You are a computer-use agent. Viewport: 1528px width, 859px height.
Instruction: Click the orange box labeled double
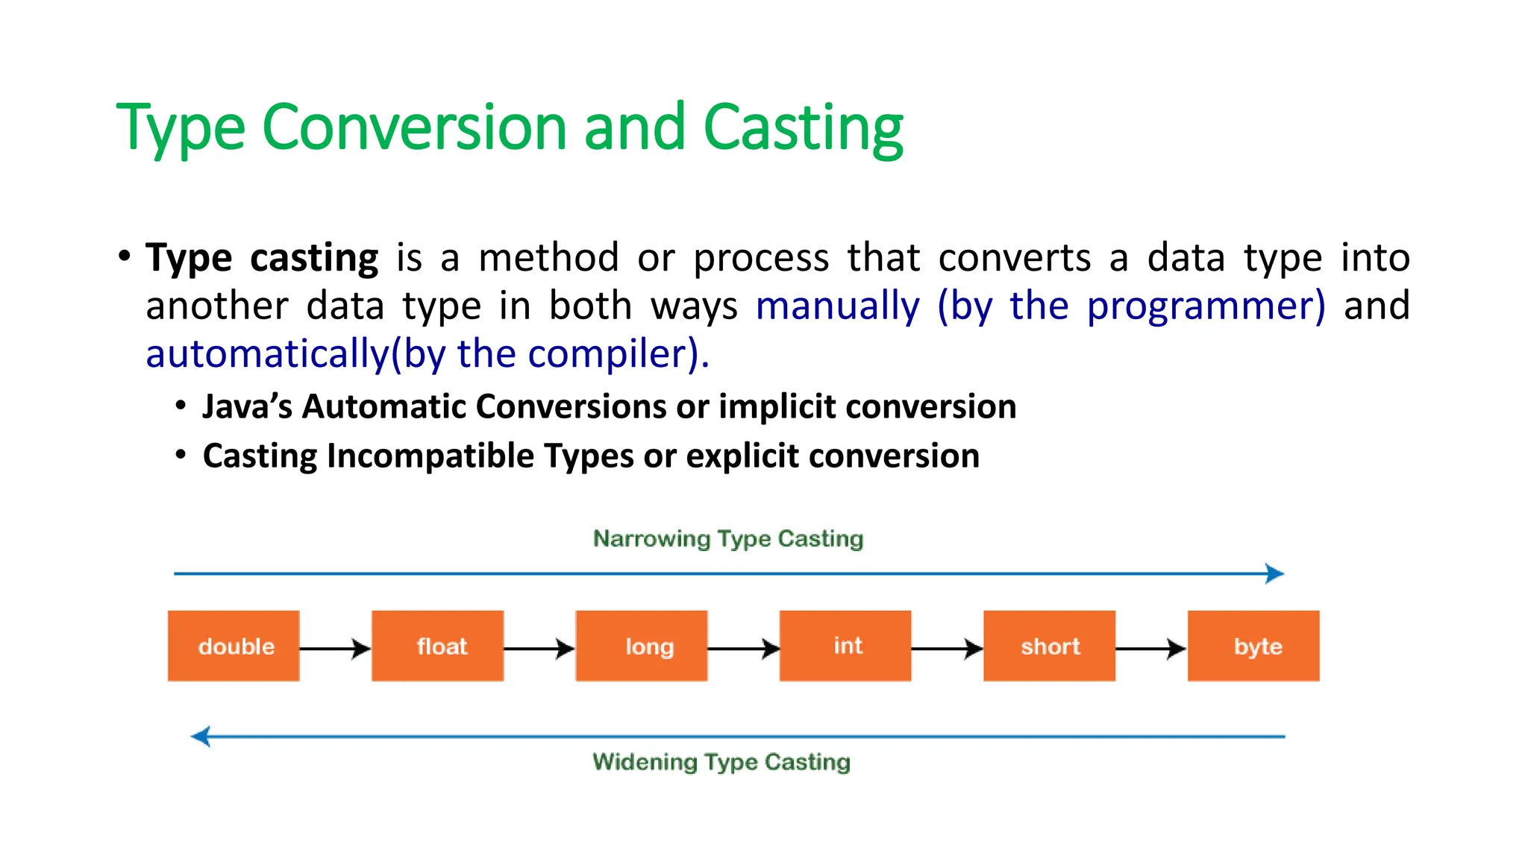tap(234, 646)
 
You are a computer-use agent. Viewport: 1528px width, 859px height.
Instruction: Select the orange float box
tap(437, 646)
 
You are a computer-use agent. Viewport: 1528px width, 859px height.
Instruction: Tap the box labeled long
tap(641, 646)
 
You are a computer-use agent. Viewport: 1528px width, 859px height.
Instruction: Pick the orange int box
tap(845, 646)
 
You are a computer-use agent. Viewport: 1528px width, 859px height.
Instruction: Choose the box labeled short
tap(1049, 646)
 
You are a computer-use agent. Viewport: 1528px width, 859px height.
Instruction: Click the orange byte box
tap(1253, 646)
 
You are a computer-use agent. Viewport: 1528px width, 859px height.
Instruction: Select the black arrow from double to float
tap(335, 649)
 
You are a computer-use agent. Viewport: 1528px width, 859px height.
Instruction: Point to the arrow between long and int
tap(743, 649)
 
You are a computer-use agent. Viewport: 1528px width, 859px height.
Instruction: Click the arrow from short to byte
tap(1151, 649)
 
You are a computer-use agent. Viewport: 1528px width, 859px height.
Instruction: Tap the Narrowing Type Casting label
tap(728, 538)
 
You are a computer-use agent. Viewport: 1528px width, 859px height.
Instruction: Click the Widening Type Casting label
tap(721, 762)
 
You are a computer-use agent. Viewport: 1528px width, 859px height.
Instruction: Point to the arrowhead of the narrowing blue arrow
tap(1275, 573)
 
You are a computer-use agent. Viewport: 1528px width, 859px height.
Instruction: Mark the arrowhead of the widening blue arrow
tap(201, 737)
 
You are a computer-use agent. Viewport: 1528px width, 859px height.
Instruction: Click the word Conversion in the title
tap(415, 128)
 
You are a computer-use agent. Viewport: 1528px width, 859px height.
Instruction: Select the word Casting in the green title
tap(803, 128)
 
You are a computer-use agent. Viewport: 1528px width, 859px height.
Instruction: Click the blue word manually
tap(838, 306)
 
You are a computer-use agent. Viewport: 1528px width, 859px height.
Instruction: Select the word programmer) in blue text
tap(1206, 306)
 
